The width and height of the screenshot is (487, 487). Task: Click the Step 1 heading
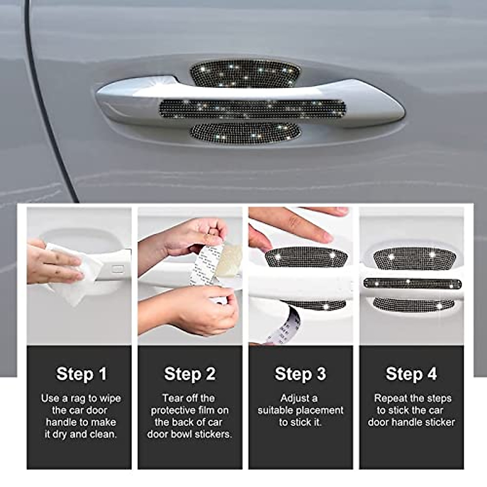coord(81,374)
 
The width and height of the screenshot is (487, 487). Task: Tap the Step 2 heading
coord(190,374)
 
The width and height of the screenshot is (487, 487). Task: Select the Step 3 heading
coord(300,374)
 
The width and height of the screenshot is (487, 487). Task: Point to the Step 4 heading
coord(411,374)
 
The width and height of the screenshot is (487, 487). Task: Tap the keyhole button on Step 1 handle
coord(118,269)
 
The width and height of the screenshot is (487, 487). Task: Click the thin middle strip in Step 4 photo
coord(412,283)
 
